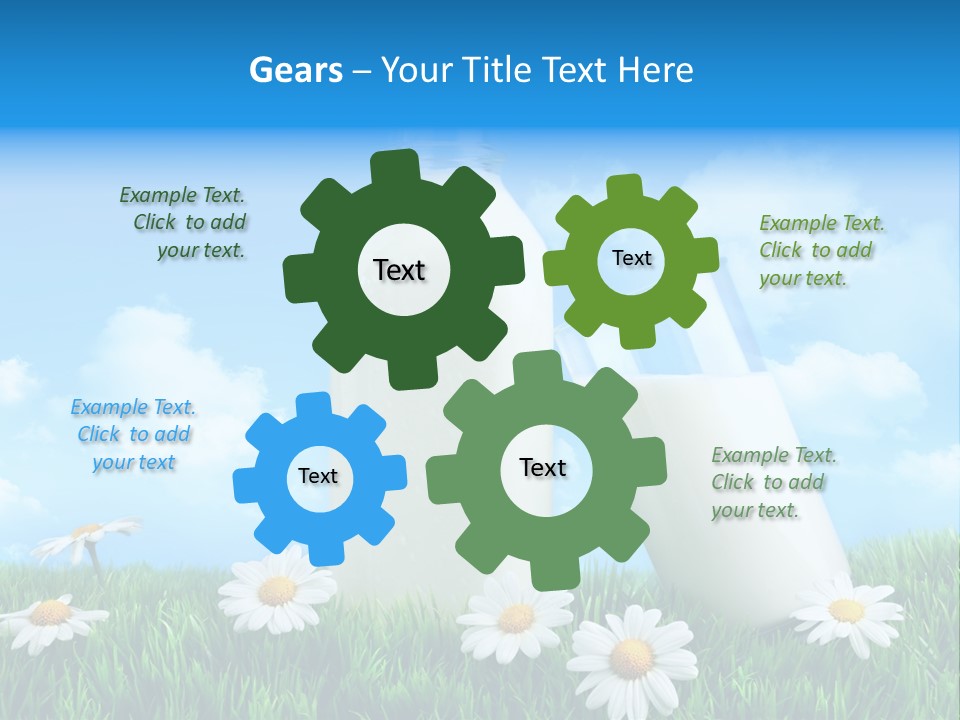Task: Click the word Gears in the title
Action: click(x=295, y=70)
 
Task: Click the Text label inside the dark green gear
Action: click(x=399, y=270)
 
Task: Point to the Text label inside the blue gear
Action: click(x=318, y=476)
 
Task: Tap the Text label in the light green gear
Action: click(x=631, y=258)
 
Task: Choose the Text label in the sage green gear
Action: click(x=543, y=467)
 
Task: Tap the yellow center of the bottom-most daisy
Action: click(x=631, y=657)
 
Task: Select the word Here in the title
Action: click(x=656, y=70)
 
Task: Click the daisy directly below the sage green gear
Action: click(x=515, y=616)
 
